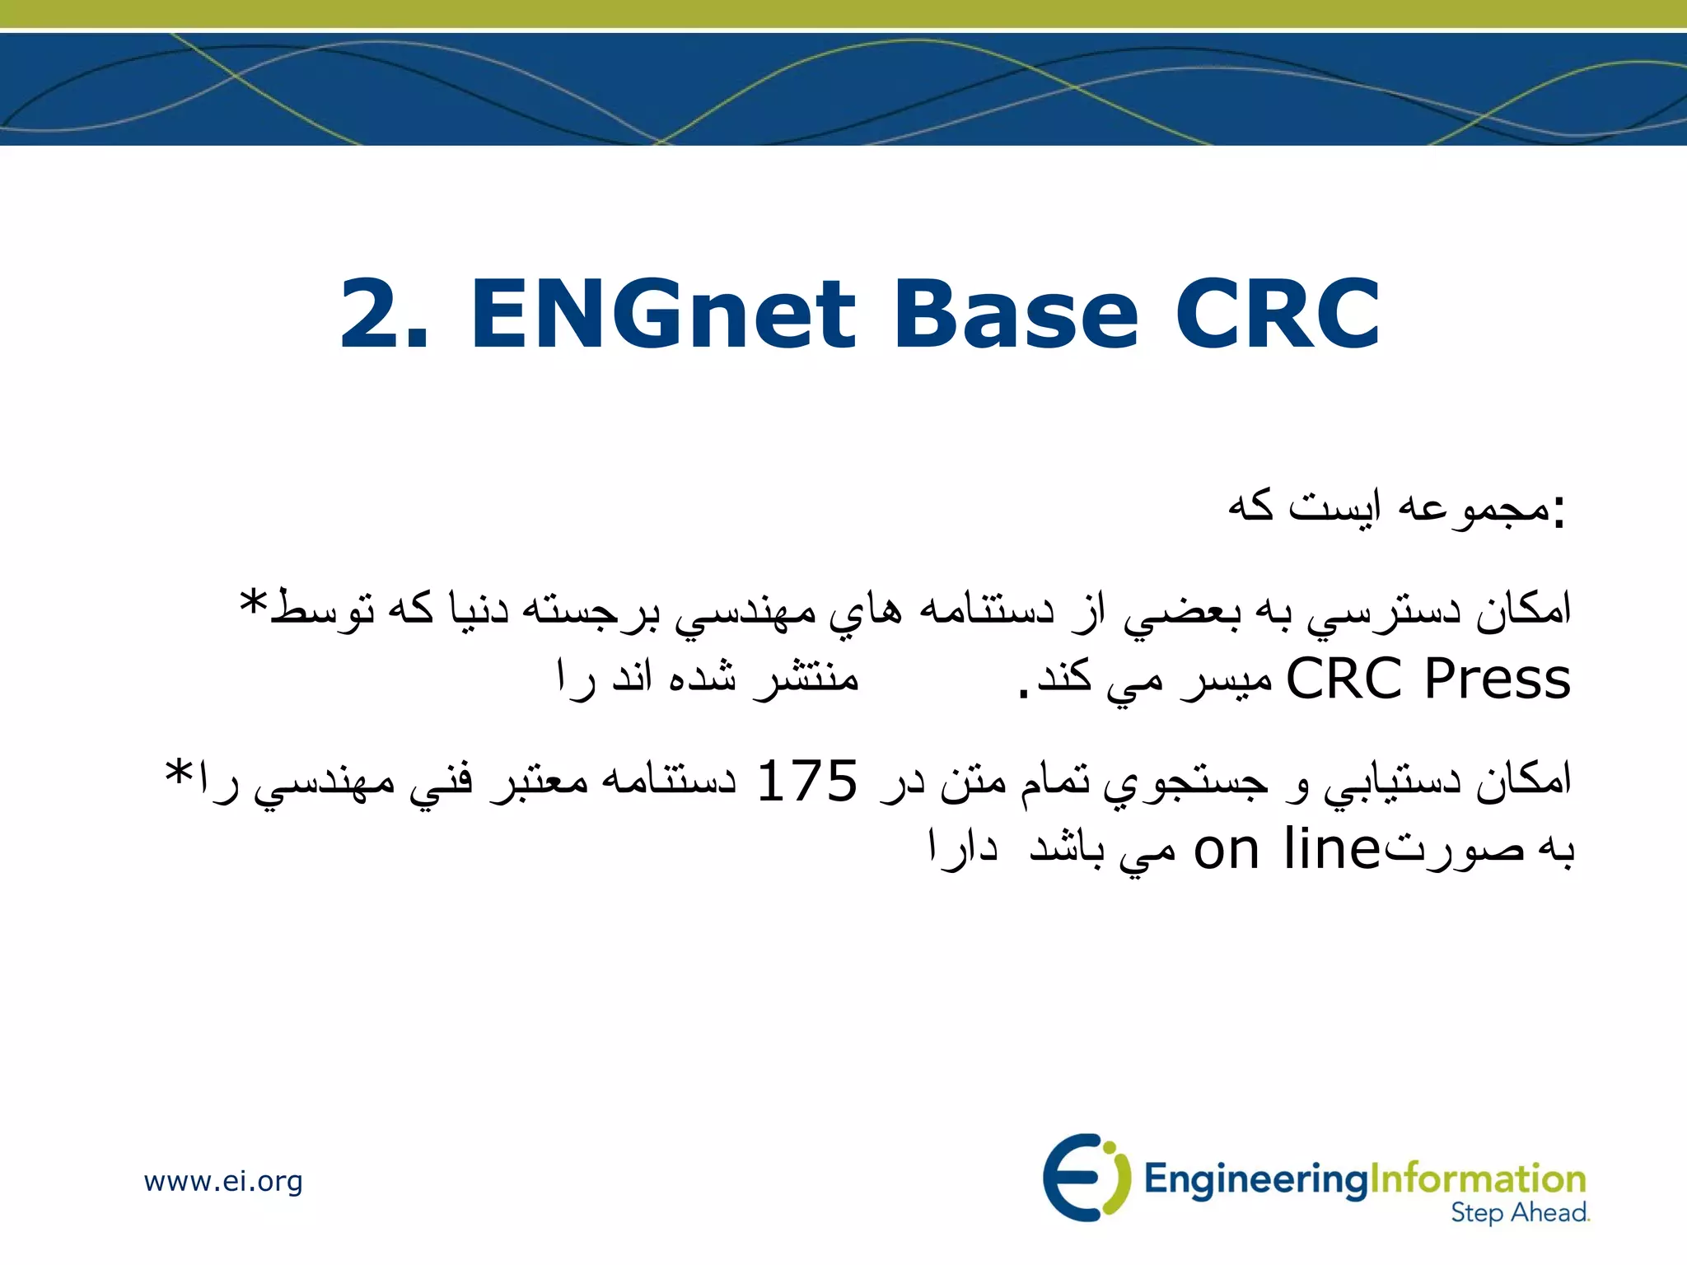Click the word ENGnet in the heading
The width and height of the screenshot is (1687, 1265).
tap(664, 314)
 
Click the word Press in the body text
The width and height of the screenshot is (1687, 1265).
tap(1498, 679)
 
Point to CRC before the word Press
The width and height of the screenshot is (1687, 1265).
tap(1344, 679)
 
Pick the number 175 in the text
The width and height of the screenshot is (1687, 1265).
tap(807, 781)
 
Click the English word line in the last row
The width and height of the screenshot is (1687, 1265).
tap(1331, 849)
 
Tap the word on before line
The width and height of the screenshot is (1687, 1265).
tap(1227, 851)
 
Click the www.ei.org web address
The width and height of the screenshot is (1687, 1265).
tap(223, 1181)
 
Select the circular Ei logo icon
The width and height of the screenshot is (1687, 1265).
tap(1082, 1177)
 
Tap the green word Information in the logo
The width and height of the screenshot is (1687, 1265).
tap(1478, 1179)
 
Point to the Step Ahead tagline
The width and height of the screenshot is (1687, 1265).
tap(1520, 1212)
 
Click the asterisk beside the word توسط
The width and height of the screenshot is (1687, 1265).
tap(253, 602)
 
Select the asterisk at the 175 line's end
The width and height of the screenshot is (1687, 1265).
tap(179, 774)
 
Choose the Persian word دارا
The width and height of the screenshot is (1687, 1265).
tap(963, 847)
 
